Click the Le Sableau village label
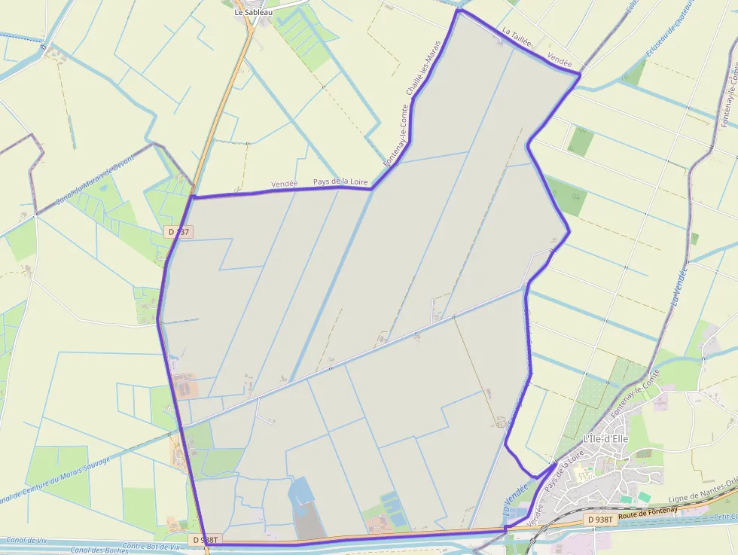point(253,12)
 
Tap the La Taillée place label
point(517,35)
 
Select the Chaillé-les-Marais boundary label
point(422,69)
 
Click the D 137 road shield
point(178,232)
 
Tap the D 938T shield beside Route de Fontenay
point(599,520)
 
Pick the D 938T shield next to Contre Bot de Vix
point(204,539)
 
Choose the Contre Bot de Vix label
point(151,547)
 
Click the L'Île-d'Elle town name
point(605,439)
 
